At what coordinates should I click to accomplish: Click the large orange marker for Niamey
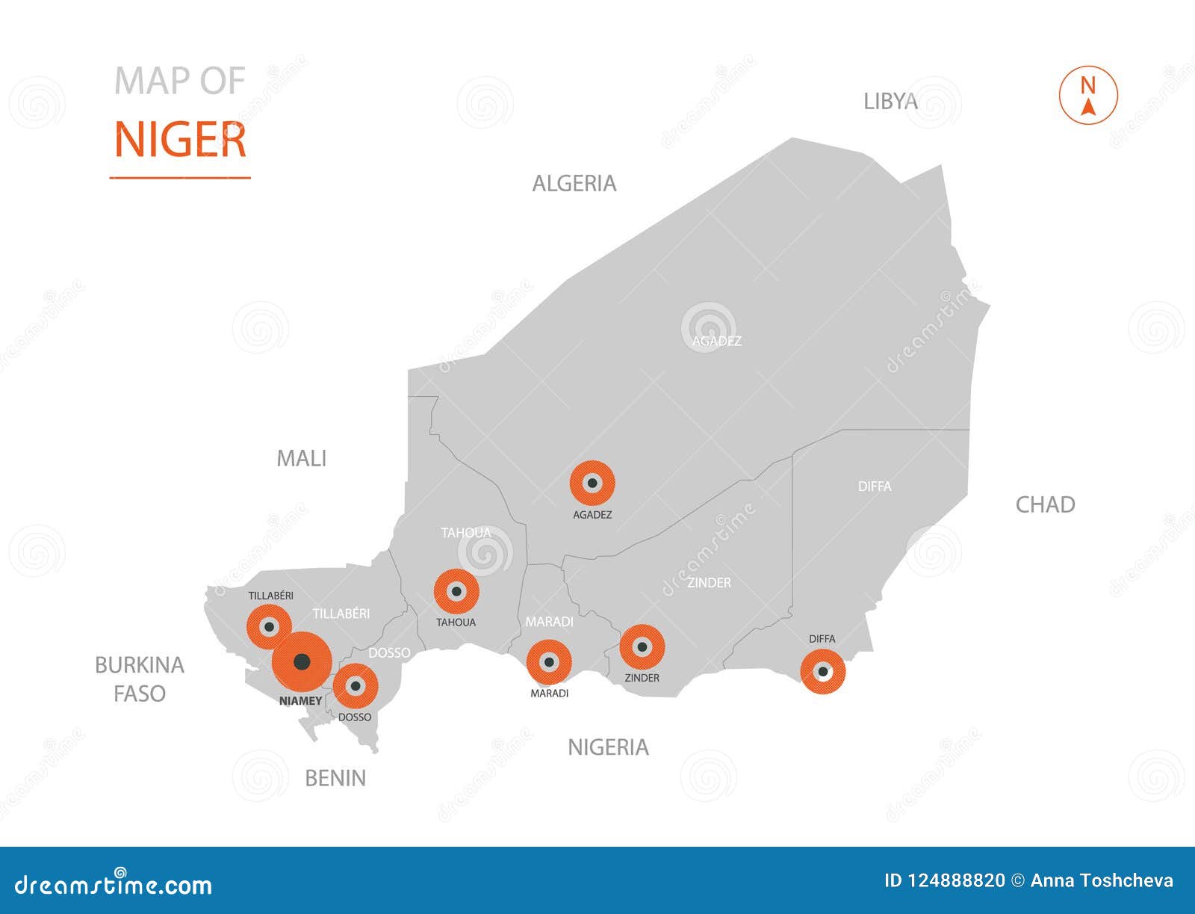click(302, 662)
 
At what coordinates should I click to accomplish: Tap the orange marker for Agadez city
click(592, 484)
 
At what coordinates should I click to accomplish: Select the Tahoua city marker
click(456, 592)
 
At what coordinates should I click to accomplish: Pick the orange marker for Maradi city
click(549, 662)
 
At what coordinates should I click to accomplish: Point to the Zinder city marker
click(642, 647)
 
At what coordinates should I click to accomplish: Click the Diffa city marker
click(822, 672)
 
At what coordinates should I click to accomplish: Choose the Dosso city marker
click(356, 686)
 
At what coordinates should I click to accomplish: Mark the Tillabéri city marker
click(269, 626)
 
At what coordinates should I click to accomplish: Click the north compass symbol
click(1088, 96)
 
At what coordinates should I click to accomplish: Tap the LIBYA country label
click(890, 102)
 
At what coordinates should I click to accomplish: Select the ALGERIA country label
click(574, 184)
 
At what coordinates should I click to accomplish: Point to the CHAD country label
click(1045, 505)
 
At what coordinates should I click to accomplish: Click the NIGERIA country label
click(608, 747)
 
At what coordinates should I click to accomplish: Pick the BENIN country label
click(335, 779)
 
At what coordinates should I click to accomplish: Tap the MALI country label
click(302, 459)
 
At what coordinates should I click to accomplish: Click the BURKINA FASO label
click(140, 679)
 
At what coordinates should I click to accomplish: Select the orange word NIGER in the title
click(180, 141)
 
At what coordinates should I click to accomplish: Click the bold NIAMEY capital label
click(300, 702)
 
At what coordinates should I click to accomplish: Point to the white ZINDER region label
click(709, 583)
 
